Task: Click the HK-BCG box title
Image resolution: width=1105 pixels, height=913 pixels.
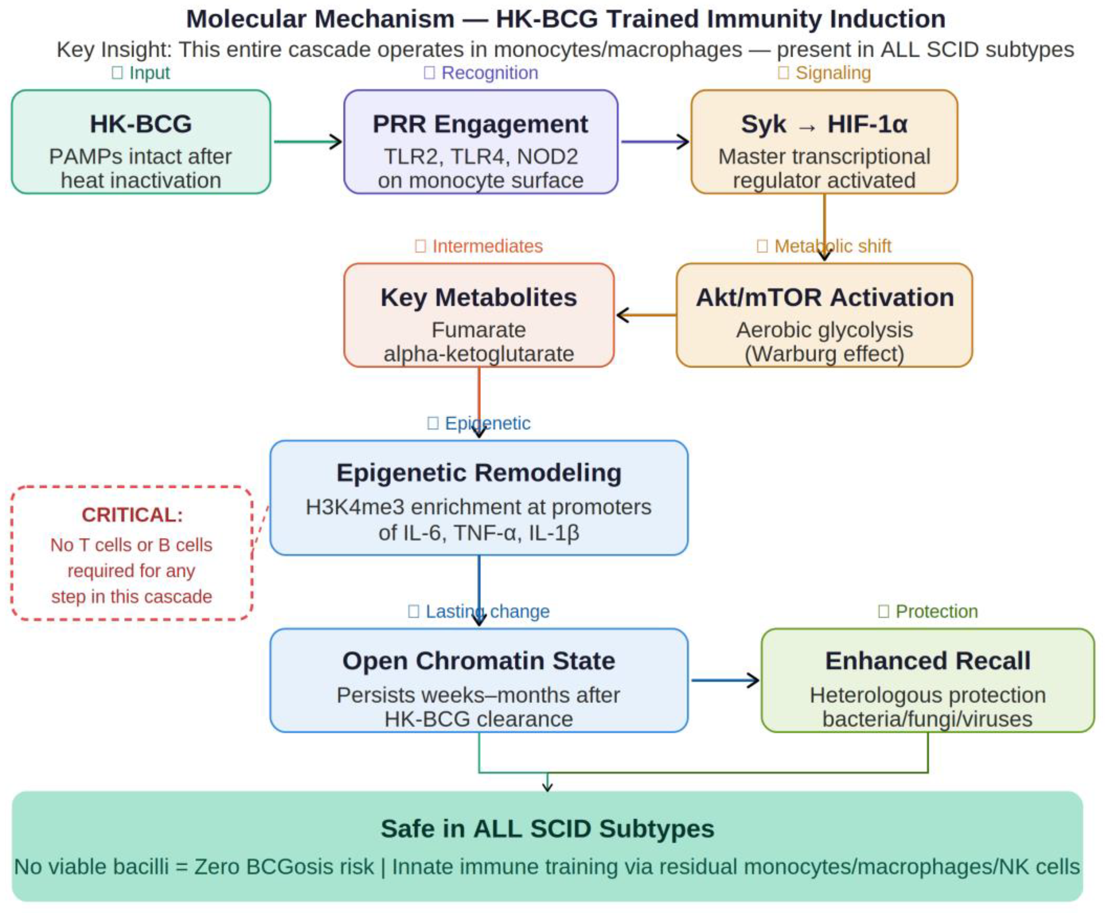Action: click(141, 124)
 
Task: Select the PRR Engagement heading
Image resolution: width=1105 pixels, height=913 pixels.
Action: click(480, 124)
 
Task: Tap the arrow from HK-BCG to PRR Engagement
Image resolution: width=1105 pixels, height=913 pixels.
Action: click(308, 142)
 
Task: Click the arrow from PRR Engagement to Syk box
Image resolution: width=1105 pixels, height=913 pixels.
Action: click(655, 142)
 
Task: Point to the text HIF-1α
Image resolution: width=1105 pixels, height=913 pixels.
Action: click(867, 124)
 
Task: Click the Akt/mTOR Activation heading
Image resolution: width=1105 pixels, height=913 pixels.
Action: click(825, 298)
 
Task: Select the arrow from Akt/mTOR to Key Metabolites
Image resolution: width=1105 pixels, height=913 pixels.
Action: click(646, 315)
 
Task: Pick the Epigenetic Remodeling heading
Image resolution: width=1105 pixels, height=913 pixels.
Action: click(479, 472)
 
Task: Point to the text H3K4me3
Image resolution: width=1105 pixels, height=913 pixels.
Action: click(355, 507)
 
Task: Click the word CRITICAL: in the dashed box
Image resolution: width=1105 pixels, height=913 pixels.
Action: click(132, 515)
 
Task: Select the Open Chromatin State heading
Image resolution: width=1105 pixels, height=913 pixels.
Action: click(479, 661)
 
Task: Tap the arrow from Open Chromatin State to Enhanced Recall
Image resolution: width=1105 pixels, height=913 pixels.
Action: click(724, 680)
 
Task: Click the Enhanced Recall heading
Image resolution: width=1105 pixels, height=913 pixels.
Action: click(928, 661)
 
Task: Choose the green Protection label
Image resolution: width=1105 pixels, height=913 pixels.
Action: click(936, 611)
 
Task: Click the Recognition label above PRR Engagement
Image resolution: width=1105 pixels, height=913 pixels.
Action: click(489, 73)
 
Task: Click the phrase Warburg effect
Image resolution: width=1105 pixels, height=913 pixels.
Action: click(825, 354)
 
